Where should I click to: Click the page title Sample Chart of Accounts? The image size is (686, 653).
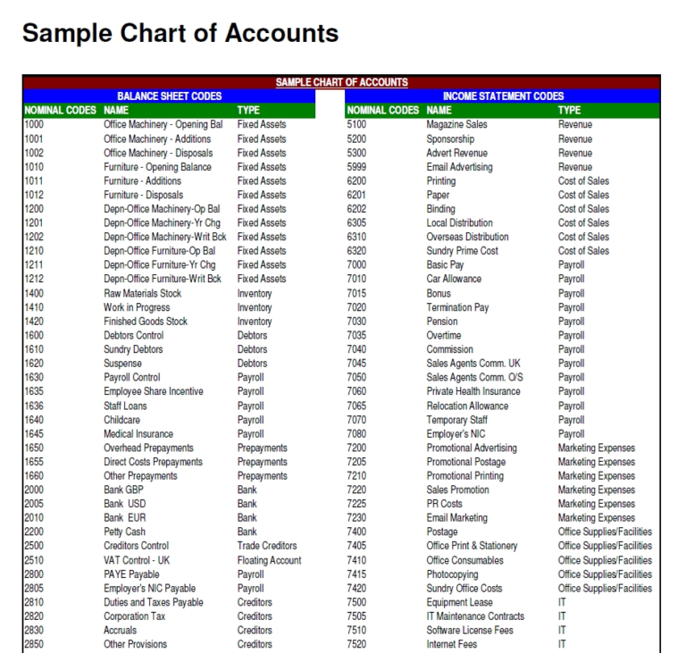pos(180,34)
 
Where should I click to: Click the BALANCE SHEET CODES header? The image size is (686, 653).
pos(169,96)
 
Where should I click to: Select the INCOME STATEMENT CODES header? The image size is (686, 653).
pos(503,96)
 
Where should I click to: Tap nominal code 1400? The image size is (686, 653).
pos(34,293)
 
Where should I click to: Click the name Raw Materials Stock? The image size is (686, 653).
pos(142,293)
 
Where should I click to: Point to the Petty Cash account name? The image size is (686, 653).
pos(124,532)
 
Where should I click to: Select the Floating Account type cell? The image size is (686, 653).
pos(269,560)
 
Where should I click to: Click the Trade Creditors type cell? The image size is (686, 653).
pos(267,546)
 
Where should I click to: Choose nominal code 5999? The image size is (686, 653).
pos(356,167)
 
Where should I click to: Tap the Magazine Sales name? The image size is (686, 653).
pos(456,125)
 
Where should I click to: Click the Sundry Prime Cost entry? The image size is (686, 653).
pos(462,251)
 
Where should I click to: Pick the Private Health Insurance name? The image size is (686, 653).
pos(473,391)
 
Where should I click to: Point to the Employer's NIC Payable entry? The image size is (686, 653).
pos(149,589)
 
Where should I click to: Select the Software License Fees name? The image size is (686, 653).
pos(470,631)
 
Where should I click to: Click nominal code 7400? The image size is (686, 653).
pos(356,532)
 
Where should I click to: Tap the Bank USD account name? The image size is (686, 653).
pos(124,504)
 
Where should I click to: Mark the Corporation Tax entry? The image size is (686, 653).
pos(134,616)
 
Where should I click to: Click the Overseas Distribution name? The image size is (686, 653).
pos(467,237)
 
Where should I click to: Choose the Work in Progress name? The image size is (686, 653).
pos(137,307)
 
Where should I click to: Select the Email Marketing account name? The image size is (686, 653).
pos(456,518)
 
